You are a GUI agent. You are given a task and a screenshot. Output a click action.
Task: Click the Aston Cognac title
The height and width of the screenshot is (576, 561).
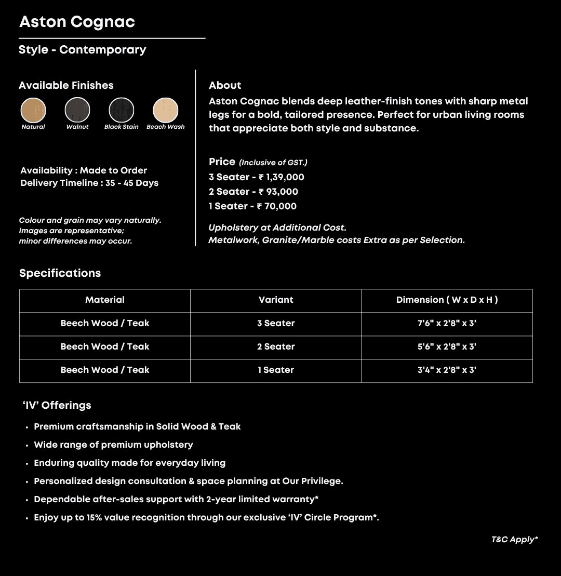[x=77, y=22]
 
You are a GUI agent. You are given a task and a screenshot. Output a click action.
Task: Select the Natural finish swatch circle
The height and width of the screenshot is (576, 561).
[x=33, y=110]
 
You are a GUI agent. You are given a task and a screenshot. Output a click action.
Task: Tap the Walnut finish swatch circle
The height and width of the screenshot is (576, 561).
[x=77, y=110]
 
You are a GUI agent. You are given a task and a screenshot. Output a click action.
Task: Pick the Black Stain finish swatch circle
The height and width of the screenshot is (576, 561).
[x=122, y=110]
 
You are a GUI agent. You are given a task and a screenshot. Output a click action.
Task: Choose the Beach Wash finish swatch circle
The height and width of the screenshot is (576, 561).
[x=166, y=110]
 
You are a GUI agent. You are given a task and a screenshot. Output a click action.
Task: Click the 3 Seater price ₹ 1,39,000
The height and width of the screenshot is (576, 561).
[x=281, y=177]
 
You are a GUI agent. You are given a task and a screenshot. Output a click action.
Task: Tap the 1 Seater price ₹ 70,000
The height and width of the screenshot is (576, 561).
[x=277, y=206]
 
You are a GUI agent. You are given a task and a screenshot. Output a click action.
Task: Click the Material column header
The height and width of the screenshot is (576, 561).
[x=105, y=300]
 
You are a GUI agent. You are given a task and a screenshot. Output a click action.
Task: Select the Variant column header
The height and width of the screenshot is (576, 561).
[x=276, y=300]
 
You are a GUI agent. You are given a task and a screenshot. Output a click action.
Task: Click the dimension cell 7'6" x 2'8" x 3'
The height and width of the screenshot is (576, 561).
[x=447, y=323]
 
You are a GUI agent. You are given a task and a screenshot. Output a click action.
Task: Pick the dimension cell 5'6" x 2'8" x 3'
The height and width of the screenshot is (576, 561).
[x=447, y=346]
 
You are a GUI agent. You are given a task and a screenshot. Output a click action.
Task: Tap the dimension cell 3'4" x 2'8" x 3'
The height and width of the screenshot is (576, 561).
[x=447, y=370]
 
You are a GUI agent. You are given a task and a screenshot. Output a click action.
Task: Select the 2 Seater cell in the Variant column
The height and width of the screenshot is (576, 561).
[x=276, y=346]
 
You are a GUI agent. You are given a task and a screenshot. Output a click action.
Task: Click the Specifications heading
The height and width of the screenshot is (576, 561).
[x=60, y=273]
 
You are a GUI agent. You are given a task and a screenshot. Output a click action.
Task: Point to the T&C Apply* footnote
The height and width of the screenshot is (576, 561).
[x=514, y=540]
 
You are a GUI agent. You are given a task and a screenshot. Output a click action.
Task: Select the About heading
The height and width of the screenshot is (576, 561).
[x=225, y=85]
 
